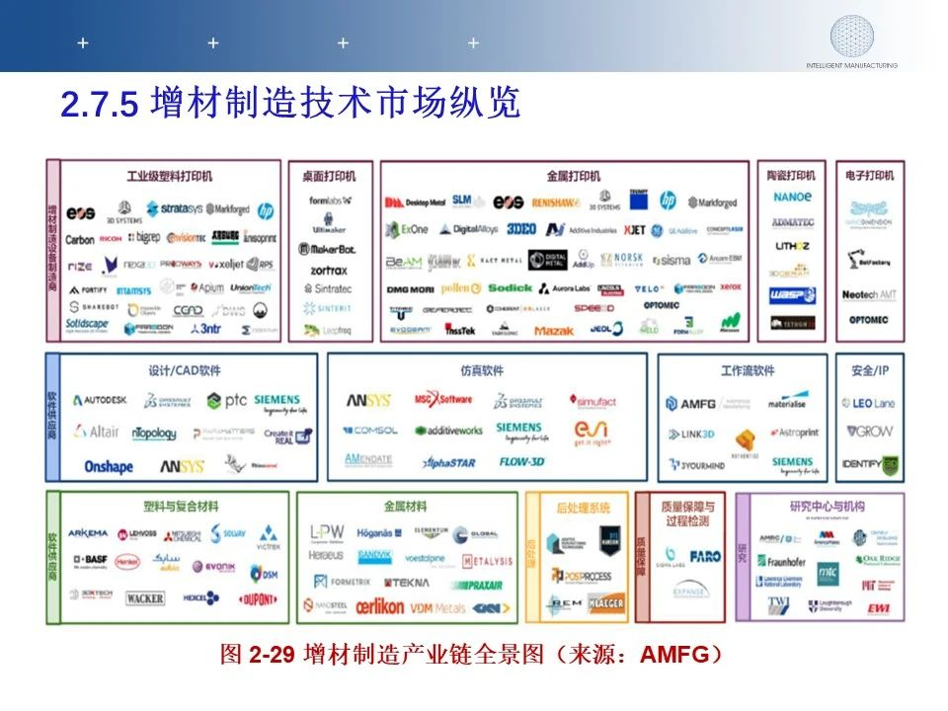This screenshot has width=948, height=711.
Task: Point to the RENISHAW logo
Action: pyautogui.click(x=554, y=202)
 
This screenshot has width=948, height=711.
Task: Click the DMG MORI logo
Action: pyautogui.click(x=409, y=288)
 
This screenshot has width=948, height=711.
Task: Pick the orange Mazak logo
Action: pyautogui.click(x=554, y=331)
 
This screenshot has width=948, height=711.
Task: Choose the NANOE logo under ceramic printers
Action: pyautogui.click(x=793, y=197)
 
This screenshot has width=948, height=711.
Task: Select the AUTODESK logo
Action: pyautogui.click(x=100, y=401)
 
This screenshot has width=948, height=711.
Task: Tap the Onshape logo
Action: pyautogui.click(x=109, y=466)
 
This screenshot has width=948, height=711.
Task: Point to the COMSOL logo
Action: pyautogui.click(x=370, y=431)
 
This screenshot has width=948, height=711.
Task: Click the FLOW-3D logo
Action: pyautogui.click(x=522, y=461)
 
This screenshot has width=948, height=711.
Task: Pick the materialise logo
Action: pyautogui.click(x=787, y=402)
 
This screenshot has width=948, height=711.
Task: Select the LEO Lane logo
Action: pyautogui.click(x=868, y=403)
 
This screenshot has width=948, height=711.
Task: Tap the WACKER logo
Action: pyautogui.click(x=145, y=598)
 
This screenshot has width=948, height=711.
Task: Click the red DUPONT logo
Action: pyautogui.click(x=257, y=598)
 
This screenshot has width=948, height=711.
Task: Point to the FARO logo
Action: pyautogui.click(x=705, y=557)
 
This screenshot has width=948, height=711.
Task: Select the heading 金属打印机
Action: pyautogui.click(x=573, y=176)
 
